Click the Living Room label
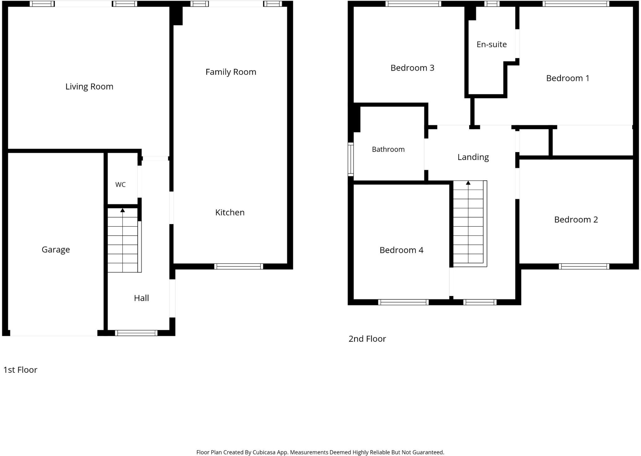click(89, 87)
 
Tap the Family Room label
click(231, 72)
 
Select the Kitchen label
click(230, 213)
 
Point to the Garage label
click(56, 250)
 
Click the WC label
click(121, 185)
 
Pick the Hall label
click(141, 298)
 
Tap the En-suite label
click(492, 44)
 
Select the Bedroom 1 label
click(568, 78)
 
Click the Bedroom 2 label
click(576, 220)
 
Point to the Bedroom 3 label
click(412, 68)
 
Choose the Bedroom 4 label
click(401, 250)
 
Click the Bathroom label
click(388, 149)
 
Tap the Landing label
click(473, 157)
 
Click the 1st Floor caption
click(20, 370)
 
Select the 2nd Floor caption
click(367, 339)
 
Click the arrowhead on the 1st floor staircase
click(123, 210)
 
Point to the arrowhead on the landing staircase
click(468, 183)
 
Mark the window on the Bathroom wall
click(351, 159)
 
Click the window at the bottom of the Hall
click(136, 333)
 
